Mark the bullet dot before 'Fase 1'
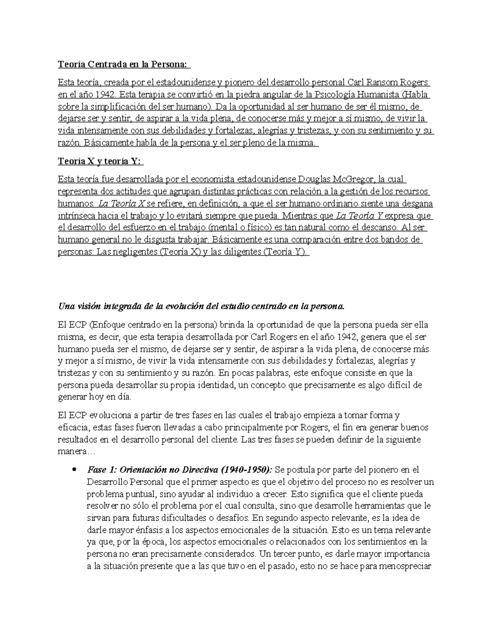[74, 469]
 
